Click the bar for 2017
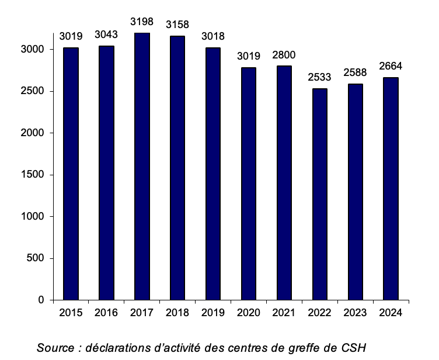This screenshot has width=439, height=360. coord(142,167)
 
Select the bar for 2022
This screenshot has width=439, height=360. coord(319,194)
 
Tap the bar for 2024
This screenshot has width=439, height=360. coord(391,189)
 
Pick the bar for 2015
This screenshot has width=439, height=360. coord(71,174)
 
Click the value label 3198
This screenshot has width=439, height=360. coord(142,22)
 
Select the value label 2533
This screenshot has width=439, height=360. coord(319,77)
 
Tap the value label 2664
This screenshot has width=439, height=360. coord(391,66)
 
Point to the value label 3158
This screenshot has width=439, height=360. coord(177,25)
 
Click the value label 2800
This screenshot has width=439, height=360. coord(284,55)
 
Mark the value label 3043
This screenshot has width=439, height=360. coord(106,35)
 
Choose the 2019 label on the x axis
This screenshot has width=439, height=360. coord(213,313)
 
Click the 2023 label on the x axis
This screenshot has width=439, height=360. coord(355,313)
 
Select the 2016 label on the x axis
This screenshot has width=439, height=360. coord(106,313)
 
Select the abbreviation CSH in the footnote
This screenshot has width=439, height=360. coord(353,348)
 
